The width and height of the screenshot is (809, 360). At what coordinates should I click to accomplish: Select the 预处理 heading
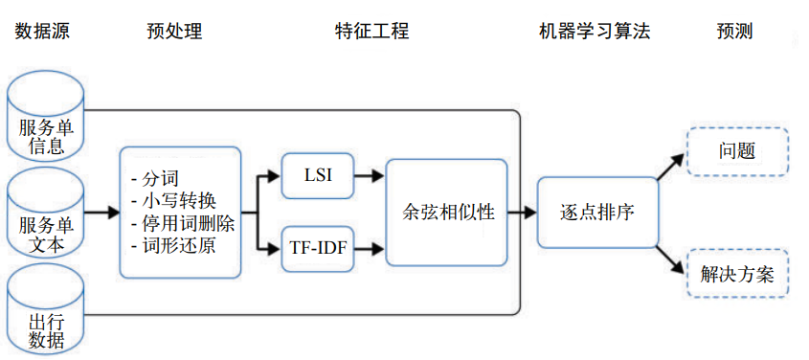click(174, 32)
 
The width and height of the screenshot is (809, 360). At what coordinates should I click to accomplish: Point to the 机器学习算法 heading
click(595, 32)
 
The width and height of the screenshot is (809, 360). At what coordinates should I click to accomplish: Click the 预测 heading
click(734, 32)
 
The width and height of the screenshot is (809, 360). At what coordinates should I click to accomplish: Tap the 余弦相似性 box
click(445, 213)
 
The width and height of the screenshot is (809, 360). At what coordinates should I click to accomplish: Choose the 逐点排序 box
click(597, 213)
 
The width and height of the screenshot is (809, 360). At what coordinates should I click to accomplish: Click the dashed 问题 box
click(736, 151)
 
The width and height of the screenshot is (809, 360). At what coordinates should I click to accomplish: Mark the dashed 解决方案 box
click(736, 276)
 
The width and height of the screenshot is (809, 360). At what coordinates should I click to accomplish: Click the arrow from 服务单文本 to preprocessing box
click(101, 213)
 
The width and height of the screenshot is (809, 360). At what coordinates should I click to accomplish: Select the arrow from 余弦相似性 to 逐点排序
click(521, 213)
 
